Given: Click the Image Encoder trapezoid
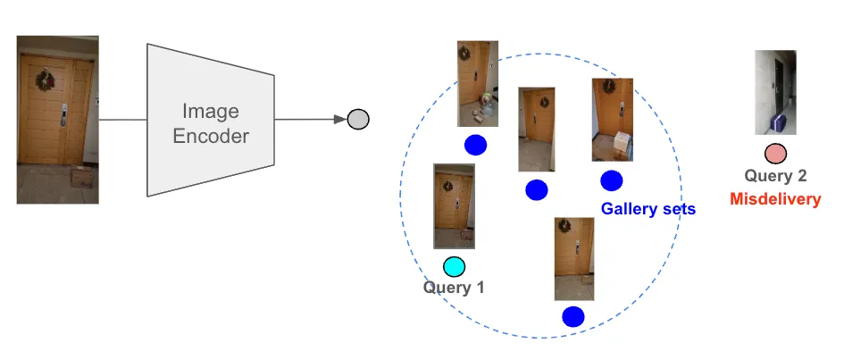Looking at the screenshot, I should click(x=210, y=121).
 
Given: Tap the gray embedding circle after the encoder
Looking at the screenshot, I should click(x=357, y=119).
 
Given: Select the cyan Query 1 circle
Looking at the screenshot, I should click(x=455, y=266).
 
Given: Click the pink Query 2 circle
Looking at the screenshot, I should click(x=775, y=154).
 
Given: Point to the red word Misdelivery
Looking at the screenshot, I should click(x=774, y=199).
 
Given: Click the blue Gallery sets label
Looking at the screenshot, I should click(x=648, y=209).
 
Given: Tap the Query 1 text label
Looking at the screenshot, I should click(x=454, y=288).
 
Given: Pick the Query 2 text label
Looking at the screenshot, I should click(x=774, y=177).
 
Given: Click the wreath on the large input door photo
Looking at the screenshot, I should click(x=45, y=80).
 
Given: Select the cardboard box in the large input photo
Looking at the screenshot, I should click(x=81, y=176).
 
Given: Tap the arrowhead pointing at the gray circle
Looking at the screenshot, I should click(x=339, y=119).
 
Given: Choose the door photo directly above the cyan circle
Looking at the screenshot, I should click(x=454, y=205).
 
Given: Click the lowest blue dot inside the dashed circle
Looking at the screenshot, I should click(x=573, y=316).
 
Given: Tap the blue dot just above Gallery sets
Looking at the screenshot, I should click(x=612, y=180).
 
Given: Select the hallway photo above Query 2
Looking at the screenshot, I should click(x=774, y=92).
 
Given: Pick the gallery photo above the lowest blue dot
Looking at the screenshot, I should click(x=573, y=258).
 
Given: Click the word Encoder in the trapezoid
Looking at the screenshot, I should click(x=211, y=137).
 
